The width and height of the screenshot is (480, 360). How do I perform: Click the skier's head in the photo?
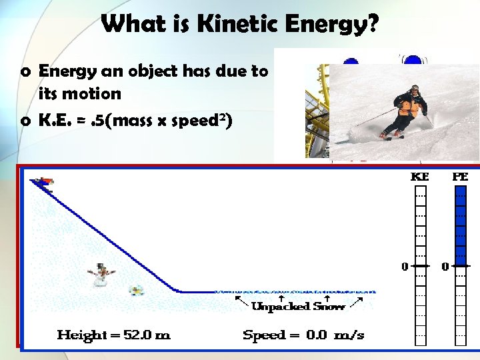414,88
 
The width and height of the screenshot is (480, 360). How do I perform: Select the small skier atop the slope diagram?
43,182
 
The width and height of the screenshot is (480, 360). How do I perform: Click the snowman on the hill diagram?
101,275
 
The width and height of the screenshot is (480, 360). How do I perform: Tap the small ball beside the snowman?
137,290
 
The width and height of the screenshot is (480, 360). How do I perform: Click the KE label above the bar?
419,177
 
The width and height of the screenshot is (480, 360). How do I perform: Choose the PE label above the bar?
460,177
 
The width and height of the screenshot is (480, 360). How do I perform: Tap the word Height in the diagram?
78,335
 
